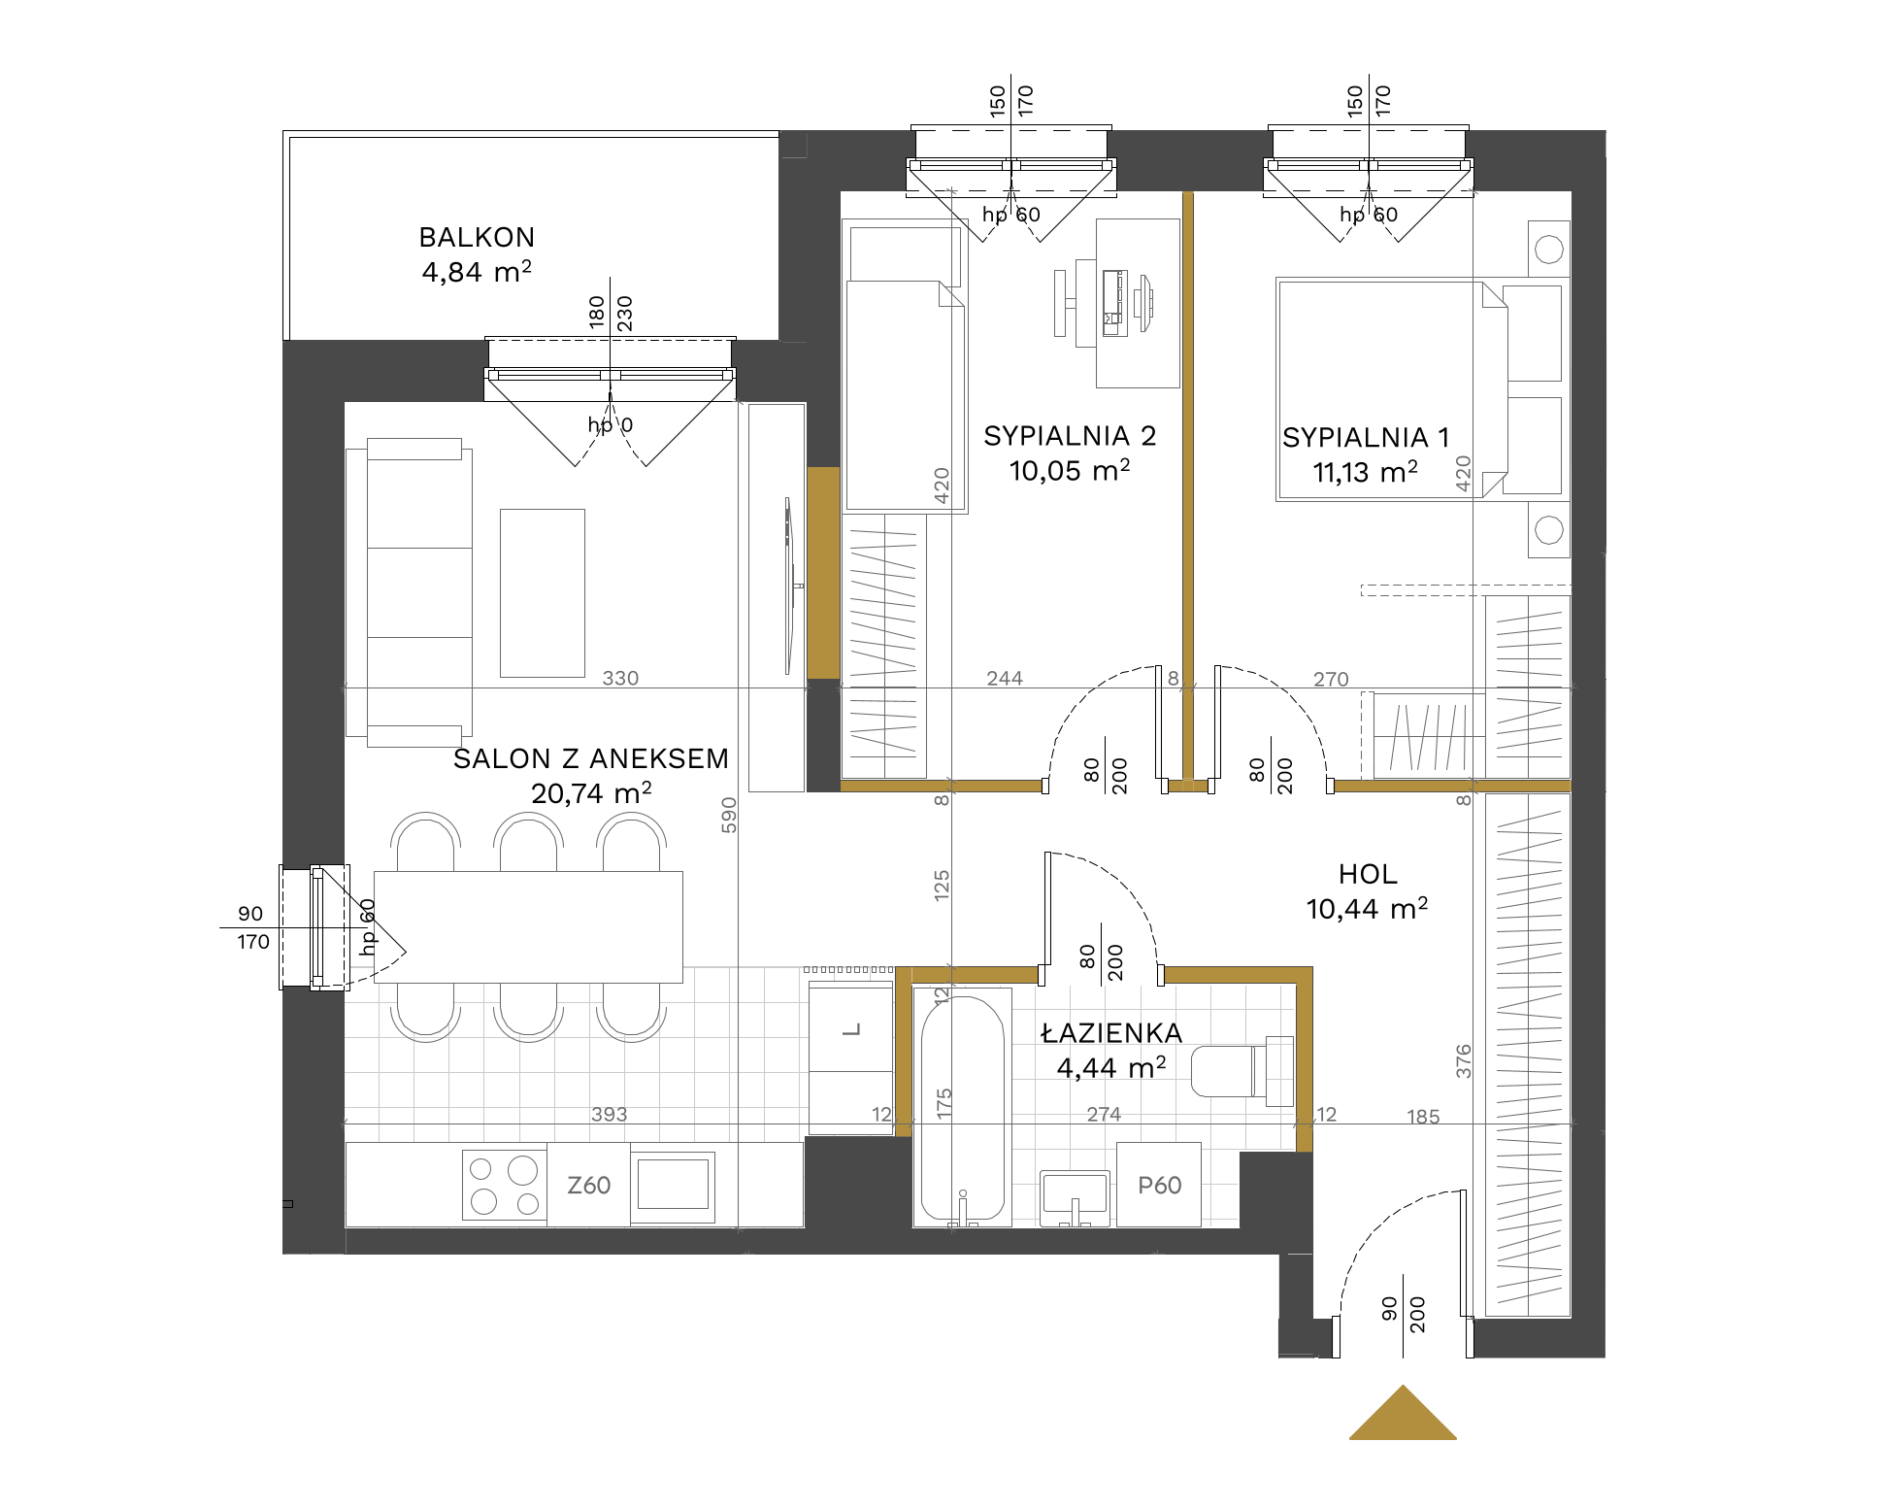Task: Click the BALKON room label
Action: click(477, 238)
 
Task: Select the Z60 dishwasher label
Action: click(588, 1186)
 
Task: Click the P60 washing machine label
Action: click(1159, 1186)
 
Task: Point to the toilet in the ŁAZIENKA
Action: click(1241, 1071)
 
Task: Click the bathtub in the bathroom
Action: click(962, 1108)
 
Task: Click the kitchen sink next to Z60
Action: click(673, 1185)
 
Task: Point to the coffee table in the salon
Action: click(543, 593)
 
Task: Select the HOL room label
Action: click(1368, 875)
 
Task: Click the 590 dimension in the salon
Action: click(729, 815)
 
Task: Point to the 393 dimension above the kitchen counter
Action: click(609, 1114)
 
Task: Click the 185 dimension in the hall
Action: click(1423, 1117)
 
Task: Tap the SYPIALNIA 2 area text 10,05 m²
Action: click(1070, 471)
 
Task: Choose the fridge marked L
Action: click(851, 1058)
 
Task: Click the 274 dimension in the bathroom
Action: click(1104, 1115)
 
